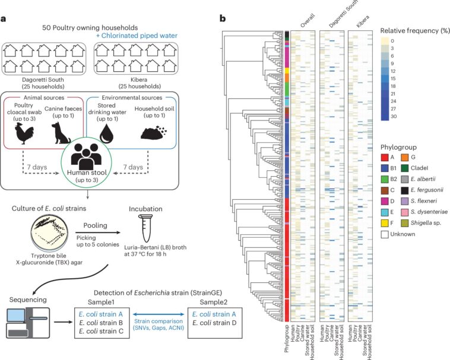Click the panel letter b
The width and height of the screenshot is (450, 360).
click(223, 18)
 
